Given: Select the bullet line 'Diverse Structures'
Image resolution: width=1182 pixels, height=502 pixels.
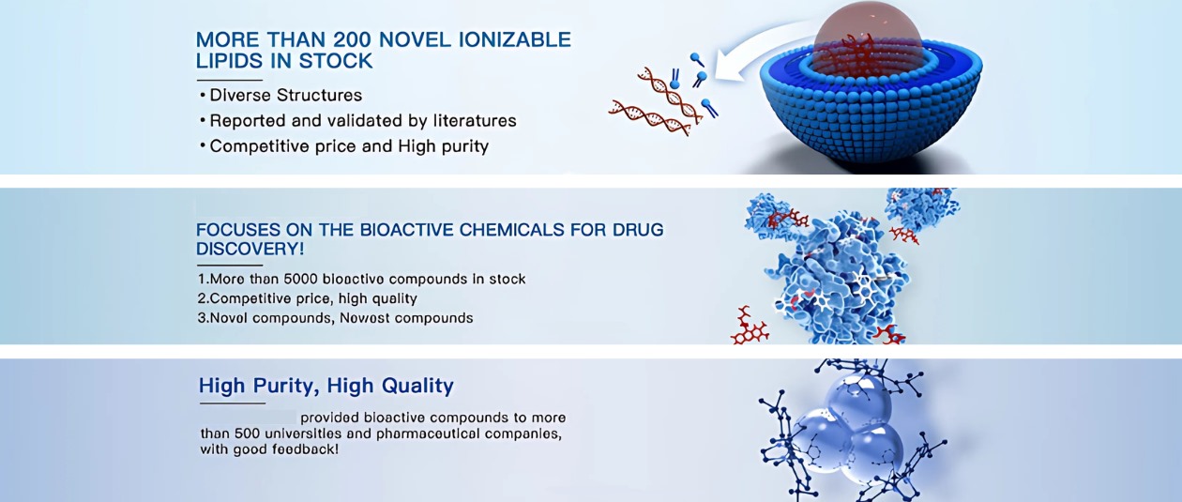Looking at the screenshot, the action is coord(281,95).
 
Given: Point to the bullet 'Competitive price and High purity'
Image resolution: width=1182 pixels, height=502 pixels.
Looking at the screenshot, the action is coord(344,146).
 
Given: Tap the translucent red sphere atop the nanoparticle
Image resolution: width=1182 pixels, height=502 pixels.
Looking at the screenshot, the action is coord(867,37).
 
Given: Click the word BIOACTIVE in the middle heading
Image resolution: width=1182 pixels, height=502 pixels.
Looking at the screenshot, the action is coord(406,230).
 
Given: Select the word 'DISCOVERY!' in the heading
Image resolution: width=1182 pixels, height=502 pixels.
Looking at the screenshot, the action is coord(250,249).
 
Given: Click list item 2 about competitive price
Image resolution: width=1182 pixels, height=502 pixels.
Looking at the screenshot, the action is coord(307,298).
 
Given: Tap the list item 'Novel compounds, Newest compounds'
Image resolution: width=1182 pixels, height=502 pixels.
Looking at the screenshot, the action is coord(335,318).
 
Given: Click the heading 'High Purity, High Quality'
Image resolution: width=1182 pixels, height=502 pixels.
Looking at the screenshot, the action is coord(326,386).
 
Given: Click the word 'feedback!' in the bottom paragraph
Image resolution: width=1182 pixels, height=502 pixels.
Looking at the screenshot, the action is coord(305,449).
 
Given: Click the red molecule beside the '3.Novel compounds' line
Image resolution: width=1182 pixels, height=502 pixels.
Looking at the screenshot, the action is coord(750,327).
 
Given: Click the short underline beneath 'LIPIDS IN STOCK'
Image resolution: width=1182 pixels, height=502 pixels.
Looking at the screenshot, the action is coord(230,81).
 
